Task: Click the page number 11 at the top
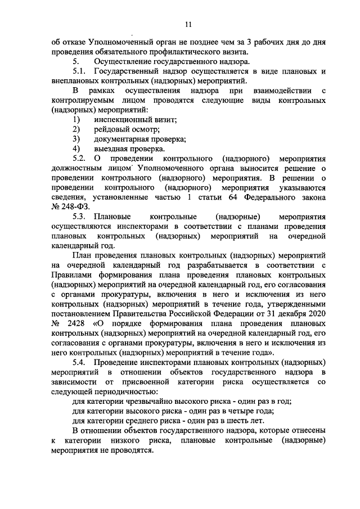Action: [188, 24]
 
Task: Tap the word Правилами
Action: [71, 275]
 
